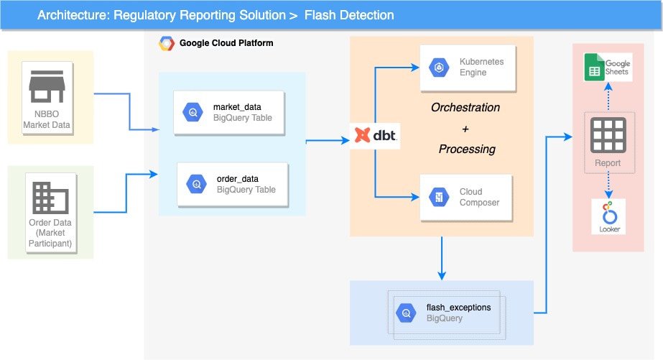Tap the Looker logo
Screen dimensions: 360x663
tap(608, 216)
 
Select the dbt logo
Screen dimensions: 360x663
tap(375, 135)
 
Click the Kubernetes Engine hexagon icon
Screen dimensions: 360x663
tap(437, 68)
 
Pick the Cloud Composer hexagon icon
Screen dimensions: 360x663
tap(437, 197)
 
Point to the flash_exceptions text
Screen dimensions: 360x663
tap(458, 308)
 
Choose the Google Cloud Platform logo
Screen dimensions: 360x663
tap(167, 43)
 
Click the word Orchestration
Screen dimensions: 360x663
tap(465, 108)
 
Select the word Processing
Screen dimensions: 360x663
tap(467, 149)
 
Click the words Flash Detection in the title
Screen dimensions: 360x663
tap(349, 15)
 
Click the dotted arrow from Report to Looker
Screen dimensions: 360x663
tap(608, 185)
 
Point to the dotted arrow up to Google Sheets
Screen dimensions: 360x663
tap(608, 98)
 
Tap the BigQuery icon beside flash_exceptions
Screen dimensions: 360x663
tap(407, 313)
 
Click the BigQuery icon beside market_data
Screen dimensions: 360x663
tap(193, 113)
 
